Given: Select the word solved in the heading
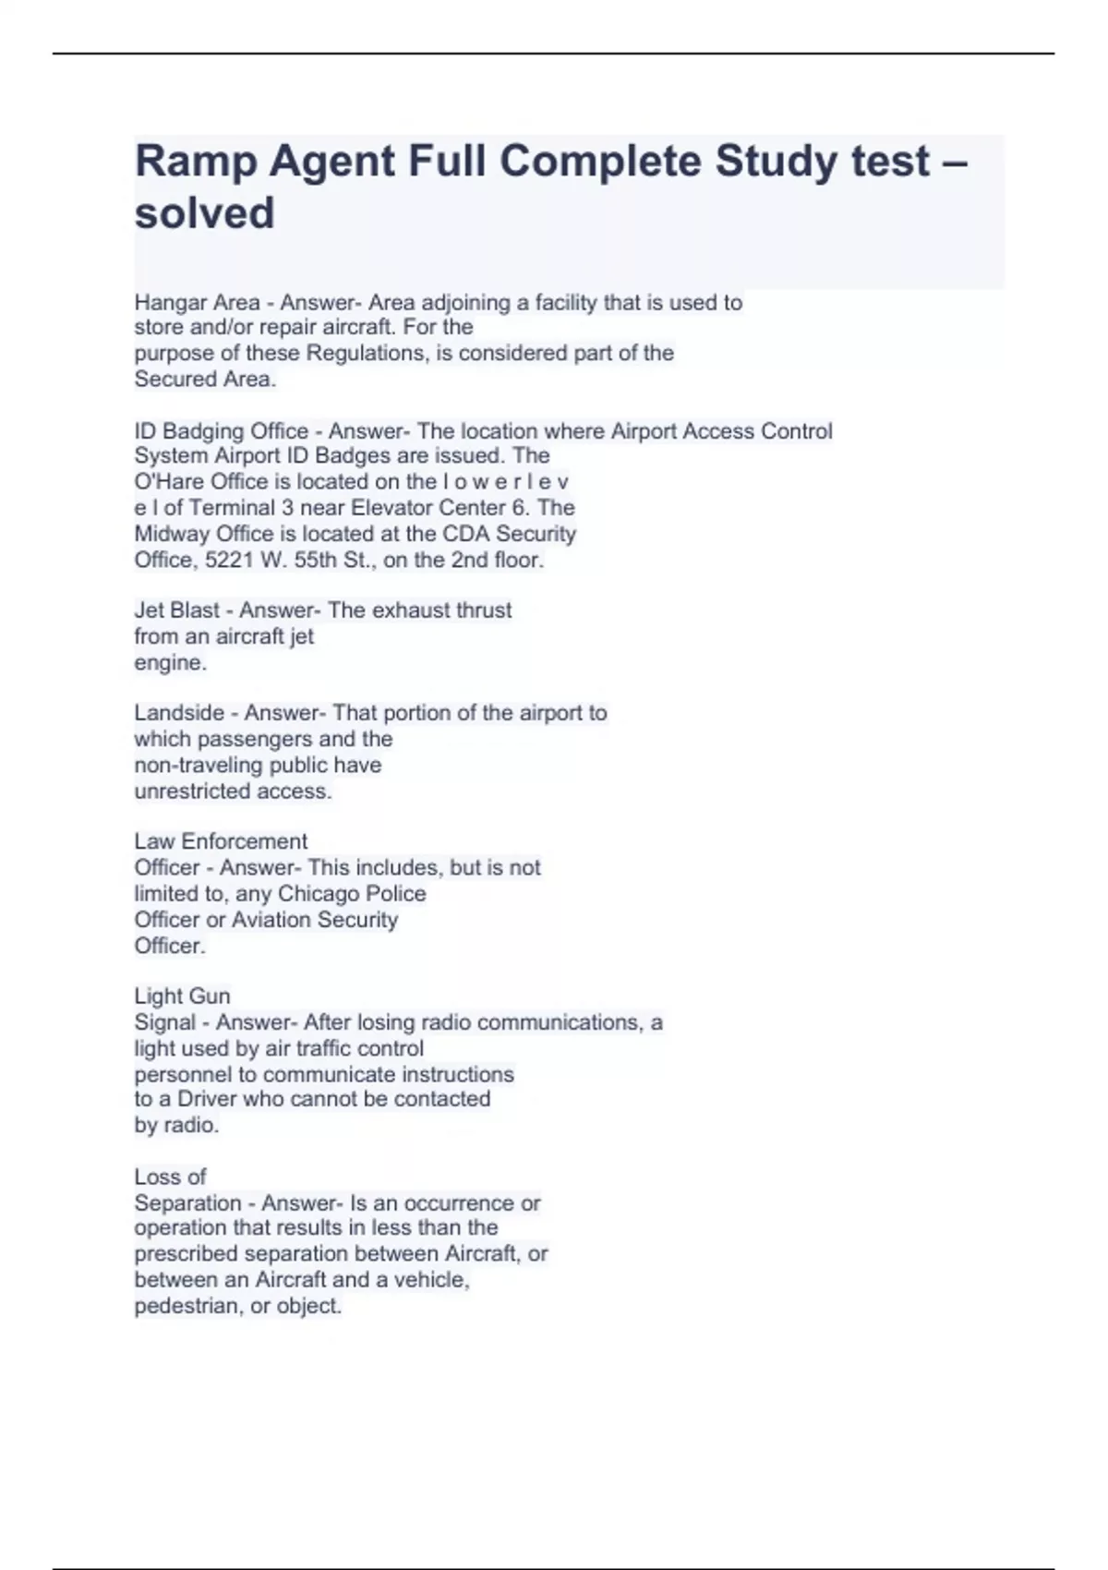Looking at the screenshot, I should (205, 214).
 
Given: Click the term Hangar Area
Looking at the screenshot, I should (197, 303).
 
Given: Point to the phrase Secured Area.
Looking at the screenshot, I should (204, 380).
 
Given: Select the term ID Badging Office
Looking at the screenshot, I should (222, 431).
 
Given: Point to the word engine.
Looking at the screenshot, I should (169, 663).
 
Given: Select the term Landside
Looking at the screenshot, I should (179, 713).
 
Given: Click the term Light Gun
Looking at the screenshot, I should (182, 996).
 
